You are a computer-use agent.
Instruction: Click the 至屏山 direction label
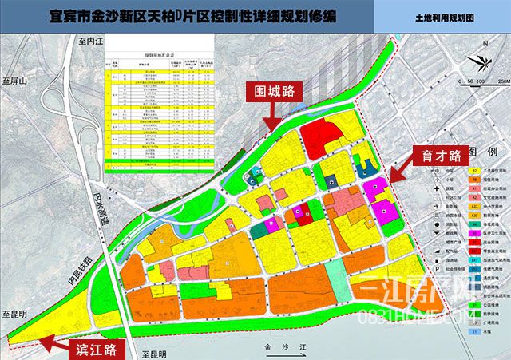15,81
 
